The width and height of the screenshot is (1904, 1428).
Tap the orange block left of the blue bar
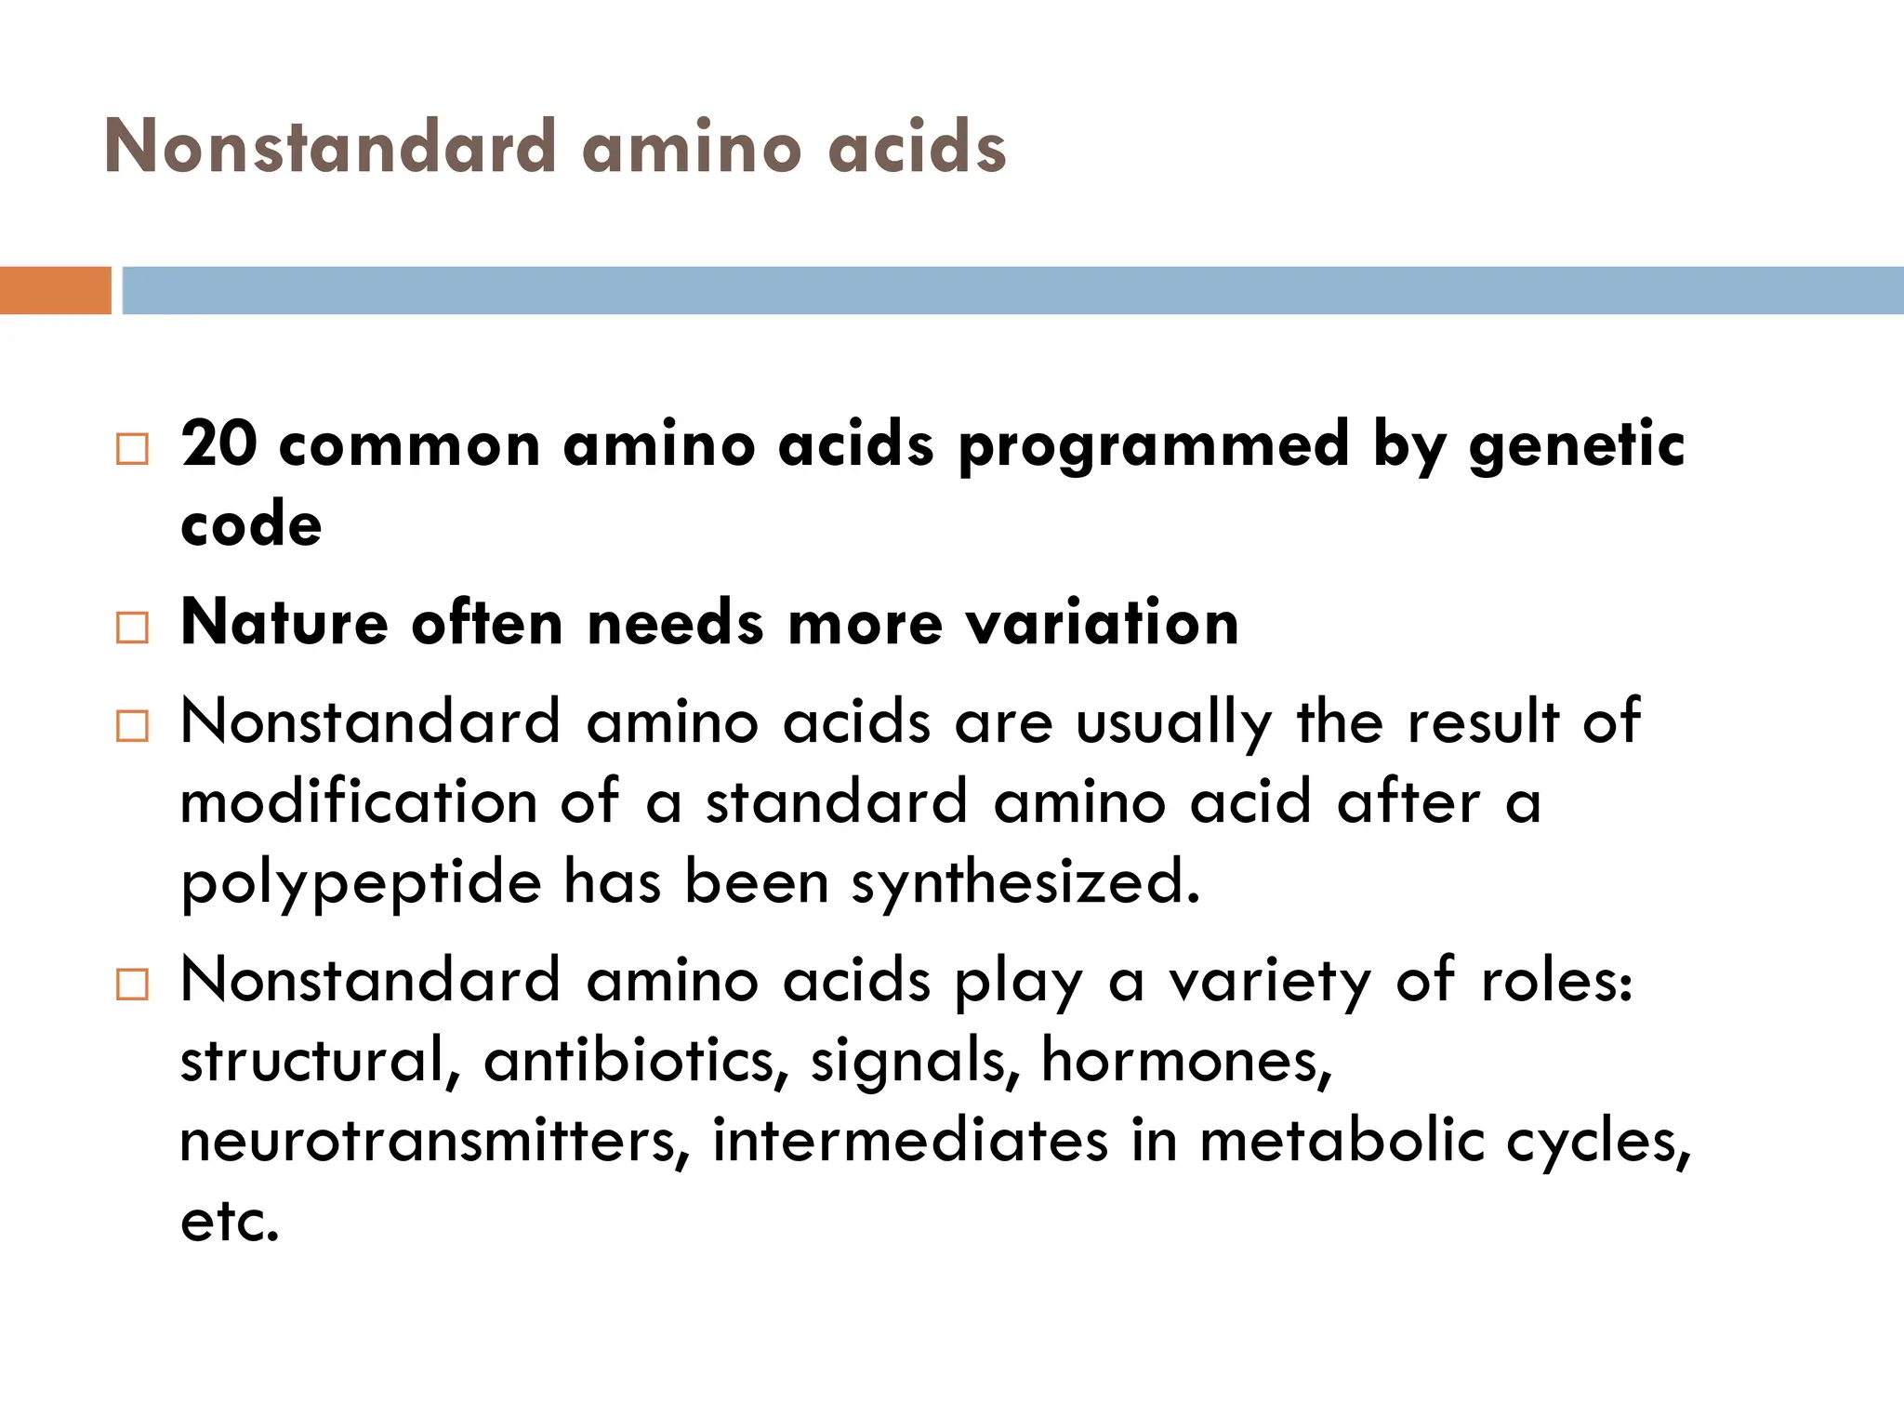55,290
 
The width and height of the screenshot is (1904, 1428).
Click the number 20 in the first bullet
218,443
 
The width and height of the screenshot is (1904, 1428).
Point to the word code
251,525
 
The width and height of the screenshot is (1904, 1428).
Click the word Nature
284,622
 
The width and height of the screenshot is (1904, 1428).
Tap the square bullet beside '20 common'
132,450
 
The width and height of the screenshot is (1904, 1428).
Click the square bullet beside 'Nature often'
132,628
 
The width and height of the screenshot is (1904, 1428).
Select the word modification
358,801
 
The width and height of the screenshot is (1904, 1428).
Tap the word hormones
1186,1060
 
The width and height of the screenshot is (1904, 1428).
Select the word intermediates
910,1141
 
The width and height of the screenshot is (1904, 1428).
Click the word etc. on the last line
229,1222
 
